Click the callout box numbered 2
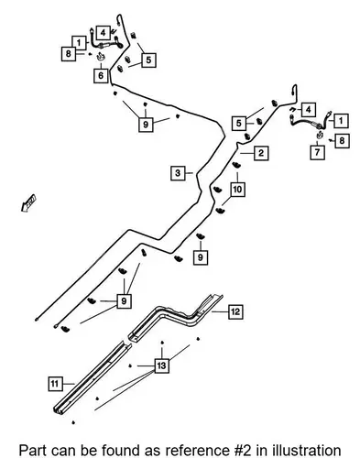coord(261,153)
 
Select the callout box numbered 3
coord(178,173)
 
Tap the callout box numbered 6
coord(101,75)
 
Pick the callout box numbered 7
coord(317,152)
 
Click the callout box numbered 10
coord(237,189)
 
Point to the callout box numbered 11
coord(55,384)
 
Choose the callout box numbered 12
coord(235,311)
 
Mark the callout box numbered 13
coord(161,365)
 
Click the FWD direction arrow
coord(28,203)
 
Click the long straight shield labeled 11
coord(93,377)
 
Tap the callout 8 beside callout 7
coord(342,140)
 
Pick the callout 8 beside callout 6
coord(69,54)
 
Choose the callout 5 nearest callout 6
coord(148,60)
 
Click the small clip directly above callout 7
coord(319,135)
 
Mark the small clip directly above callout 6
coord(101,57)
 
